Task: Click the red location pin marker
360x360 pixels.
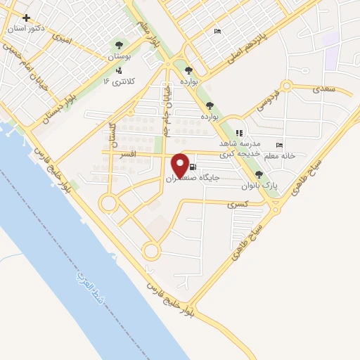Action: (180, 165)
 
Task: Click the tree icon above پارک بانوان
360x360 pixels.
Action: (259, 174)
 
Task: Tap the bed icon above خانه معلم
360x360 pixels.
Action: (280, 146)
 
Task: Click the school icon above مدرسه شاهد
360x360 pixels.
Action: (239, 132)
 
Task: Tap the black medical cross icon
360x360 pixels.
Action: (27, 18)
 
